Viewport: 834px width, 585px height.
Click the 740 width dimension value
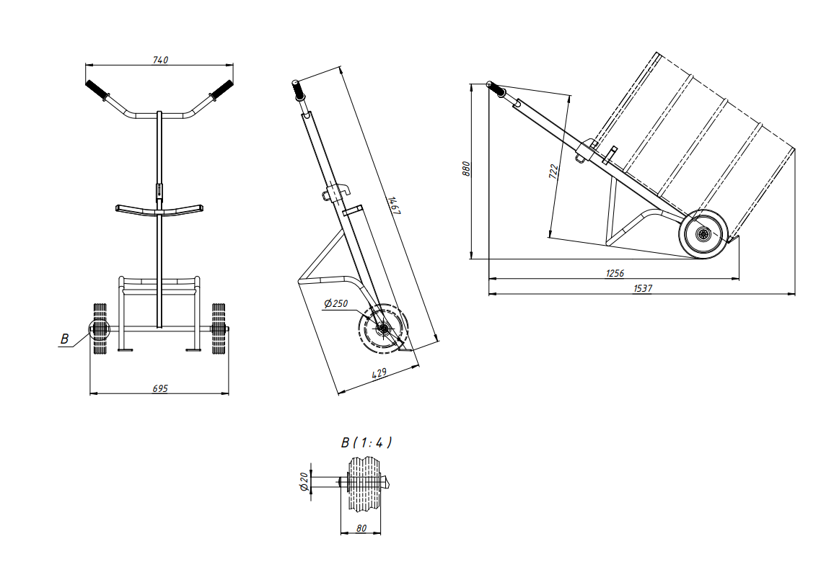160,60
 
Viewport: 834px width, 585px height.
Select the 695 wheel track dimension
160,388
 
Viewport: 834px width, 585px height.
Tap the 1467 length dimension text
394,205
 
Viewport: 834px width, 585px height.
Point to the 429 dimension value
379,373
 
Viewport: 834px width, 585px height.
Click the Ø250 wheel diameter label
335,303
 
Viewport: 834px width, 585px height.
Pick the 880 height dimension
467,169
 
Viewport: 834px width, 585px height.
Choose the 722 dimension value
553,171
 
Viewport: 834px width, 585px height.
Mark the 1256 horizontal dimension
615,273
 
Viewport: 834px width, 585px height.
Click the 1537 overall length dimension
643,288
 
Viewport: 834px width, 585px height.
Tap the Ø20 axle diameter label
304,481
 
